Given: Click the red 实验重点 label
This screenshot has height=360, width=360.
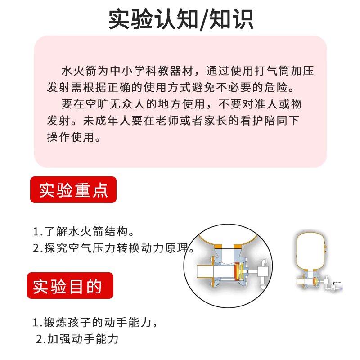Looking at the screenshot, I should (x=73, y=190).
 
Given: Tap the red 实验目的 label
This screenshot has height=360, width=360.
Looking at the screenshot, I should (x=70, y=286).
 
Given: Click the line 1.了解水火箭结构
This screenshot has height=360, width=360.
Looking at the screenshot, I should (x=84, y=232).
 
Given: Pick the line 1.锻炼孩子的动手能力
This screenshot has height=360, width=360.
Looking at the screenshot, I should (x=95, y=323).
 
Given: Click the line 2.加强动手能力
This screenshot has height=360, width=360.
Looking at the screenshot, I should (x=77, y=338).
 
